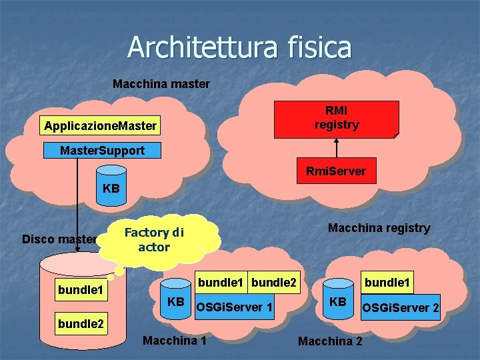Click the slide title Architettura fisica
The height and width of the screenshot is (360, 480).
click(x=239, y=47)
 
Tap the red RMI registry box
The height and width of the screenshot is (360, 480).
click(x=337, y=118)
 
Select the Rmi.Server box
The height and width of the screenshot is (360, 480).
click(x=336, y=171)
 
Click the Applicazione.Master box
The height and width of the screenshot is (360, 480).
click(x=101, y=125)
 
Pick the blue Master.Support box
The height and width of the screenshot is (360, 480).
click(x=102, y=151)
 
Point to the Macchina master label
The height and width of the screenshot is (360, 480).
click(x=161, y=84)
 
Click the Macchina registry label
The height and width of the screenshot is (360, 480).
click(x=379, y=228)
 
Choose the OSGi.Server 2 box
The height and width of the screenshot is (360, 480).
click(x=400, y=307)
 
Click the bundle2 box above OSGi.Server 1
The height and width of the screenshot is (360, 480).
click(x=274, y=283)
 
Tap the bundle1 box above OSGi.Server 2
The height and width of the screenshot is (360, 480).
click(x=387, y=283)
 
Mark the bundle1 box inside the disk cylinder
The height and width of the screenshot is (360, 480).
click(x=80, y=290)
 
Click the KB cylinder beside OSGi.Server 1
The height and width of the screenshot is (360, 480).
click(x=176, y=301)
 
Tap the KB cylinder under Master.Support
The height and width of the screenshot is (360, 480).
click(x=111, y=189)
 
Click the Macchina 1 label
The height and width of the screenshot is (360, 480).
click(x=174, y=341)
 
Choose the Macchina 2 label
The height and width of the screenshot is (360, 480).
click(x=330, y=341)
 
